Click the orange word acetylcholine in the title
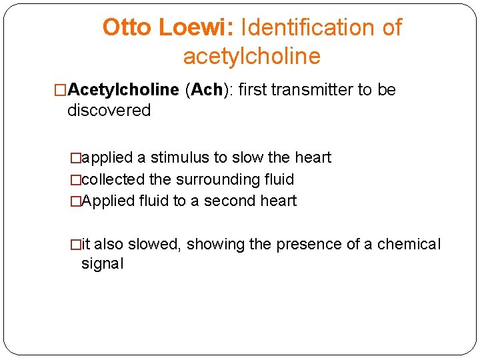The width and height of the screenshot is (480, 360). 251,57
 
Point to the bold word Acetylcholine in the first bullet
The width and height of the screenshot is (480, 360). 123,90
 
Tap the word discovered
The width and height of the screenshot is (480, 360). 109,111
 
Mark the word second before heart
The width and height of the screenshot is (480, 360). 230,201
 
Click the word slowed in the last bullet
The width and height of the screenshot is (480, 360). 153,244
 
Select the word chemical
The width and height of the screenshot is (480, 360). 409,244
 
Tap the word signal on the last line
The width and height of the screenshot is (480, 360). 102,263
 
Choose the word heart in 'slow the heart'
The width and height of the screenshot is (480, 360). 313,158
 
